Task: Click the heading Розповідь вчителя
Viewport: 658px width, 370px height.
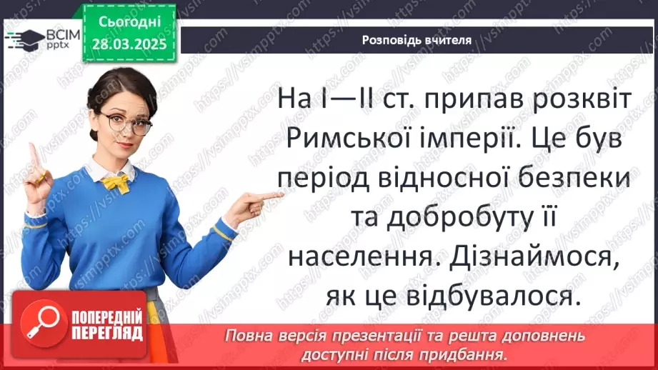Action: coord(417,40)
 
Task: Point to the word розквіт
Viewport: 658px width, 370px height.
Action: coord(577,99)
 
